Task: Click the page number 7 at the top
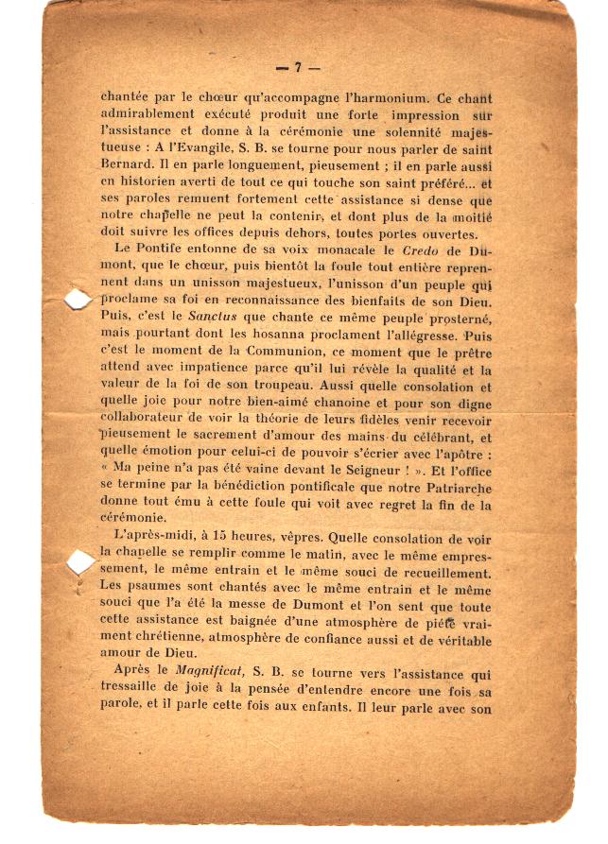[x=298, y=67]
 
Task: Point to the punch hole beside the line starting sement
[x=79, y=563]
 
